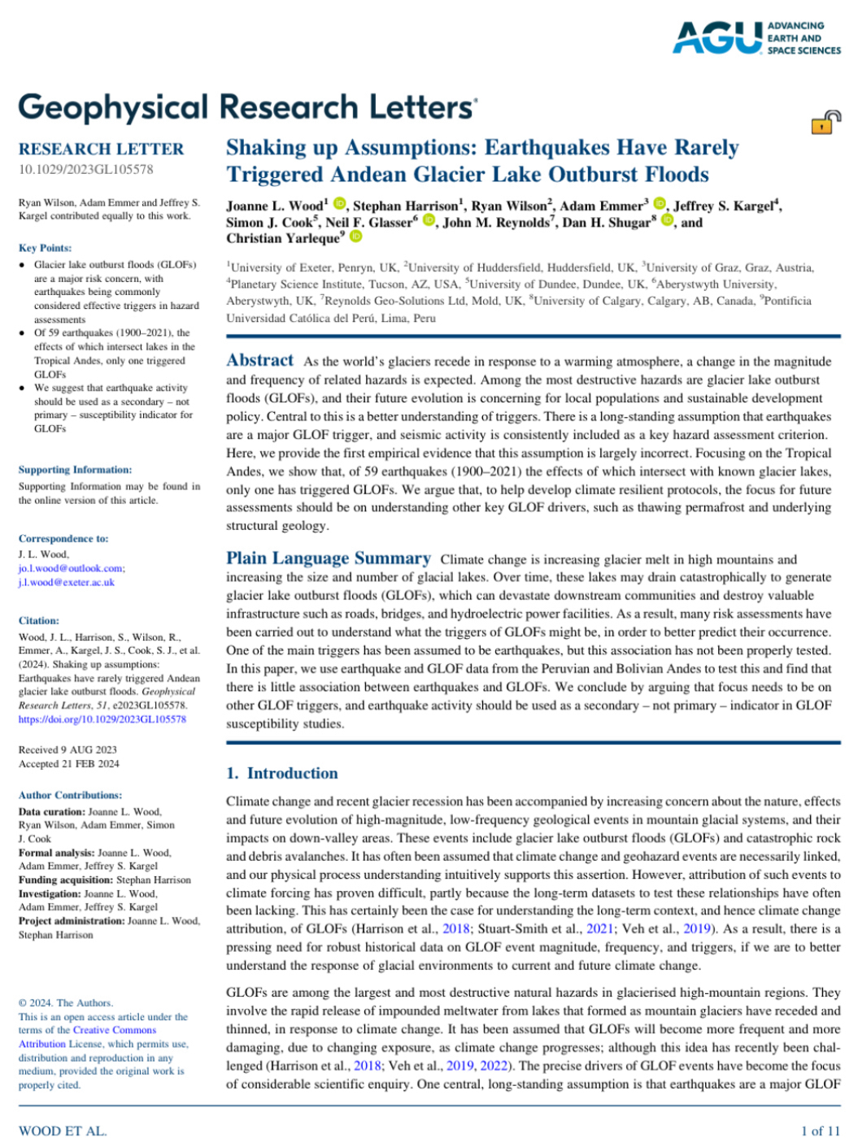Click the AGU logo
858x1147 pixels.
click(756, 38)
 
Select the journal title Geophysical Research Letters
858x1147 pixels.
click(247, 107)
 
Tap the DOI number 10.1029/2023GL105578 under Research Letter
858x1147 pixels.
click(85, 169)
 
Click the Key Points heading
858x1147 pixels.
click(45, 248)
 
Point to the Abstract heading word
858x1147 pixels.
click(259, 360)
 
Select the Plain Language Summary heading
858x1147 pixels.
click(329, 558)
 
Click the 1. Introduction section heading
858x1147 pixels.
click(282, 773)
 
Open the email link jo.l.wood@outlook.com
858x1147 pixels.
click(72, 568)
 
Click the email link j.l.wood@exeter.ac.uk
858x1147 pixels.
click(67, 582)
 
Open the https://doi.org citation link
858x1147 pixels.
click(102, 719)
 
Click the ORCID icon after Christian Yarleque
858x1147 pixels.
click(355, 237)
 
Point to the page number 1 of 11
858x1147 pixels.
click(820, 1131)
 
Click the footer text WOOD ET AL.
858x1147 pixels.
click(63, 1131)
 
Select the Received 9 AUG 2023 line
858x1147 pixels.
click(68, 749)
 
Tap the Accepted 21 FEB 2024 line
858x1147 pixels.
click(69, 763)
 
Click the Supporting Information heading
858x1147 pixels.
click(75, 470)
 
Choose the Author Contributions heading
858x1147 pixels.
click(70, 795)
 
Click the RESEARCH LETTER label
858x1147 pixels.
click(102, 149)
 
